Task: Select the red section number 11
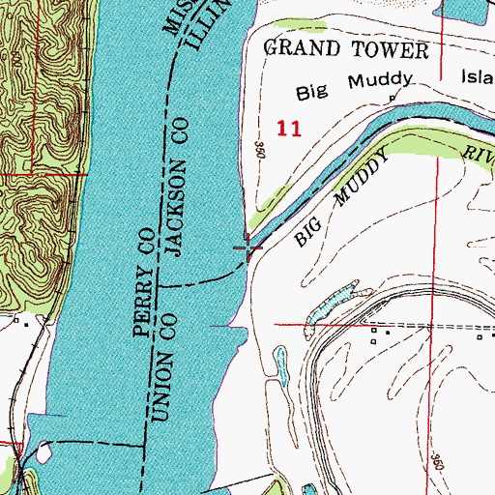287,128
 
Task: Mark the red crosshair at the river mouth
249,249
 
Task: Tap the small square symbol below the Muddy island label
392,99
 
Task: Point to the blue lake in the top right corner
464,10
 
